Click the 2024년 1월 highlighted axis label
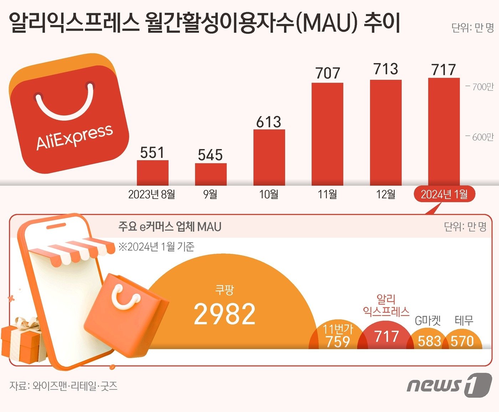444,194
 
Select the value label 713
386,69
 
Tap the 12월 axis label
386,194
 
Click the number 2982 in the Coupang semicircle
225,314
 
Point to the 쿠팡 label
225,290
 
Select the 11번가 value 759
338,341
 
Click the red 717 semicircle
386,336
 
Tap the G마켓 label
428,321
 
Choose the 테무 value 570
462,341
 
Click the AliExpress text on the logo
74,137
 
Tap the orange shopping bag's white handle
125,296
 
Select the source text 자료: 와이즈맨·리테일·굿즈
63,386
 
